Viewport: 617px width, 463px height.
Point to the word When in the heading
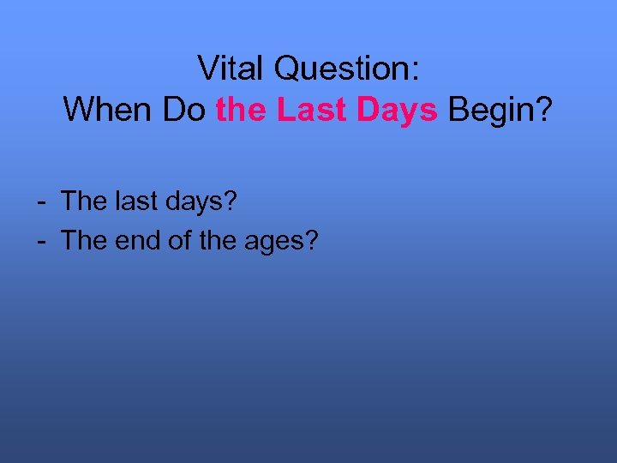coord(106,109)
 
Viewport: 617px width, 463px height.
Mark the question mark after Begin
coord(545,109)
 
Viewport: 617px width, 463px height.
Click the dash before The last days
coord(41,203)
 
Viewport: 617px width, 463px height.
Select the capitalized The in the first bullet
coord(82,201)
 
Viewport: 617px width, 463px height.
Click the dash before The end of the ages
coord(41,242)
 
